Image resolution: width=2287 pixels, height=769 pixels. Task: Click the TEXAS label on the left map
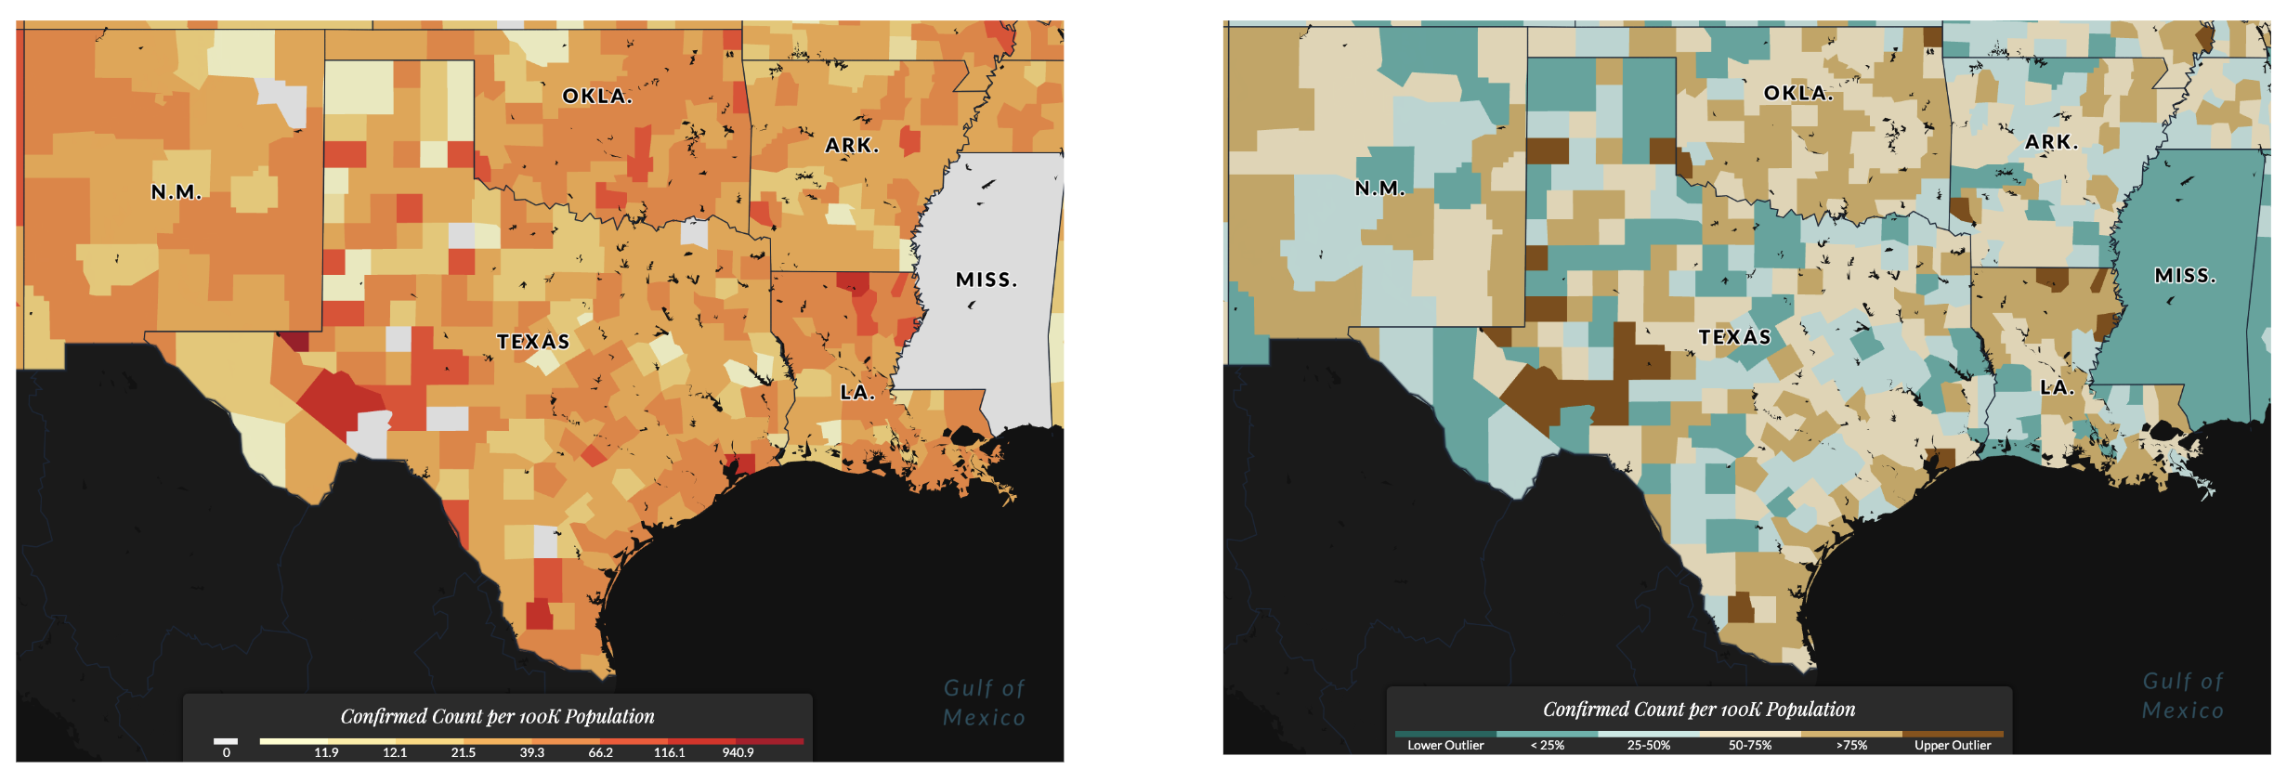[x=533, y=342]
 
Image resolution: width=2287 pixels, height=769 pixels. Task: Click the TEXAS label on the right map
[x=1734, y=337]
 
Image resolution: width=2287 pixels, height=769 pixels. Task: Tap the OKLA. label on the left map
[x=597, y=96]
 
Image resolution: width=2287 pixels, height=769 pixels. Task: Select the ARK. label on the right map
[x=2051, y=142]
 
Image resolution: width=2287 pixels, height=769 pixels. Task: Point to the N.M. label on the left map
[x=176, y=192]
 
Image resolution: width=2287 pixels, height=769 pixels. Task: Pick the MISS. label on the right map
[x=2185, y=276]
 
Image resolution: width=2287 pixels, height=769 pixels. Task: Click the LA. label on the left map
[x=857, y=392]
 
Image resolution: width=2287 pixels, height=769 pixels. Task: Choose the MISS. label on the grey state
[x=987, y=280]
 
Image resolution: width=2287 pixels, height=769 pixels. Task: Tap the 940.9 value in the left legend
[x=738, y=752]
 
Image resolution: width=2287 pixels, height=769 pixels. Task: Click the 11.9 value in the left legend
[x=326, y=752]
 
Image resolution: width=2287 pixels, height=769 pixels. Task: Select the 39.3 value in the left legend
[x=531, y=752]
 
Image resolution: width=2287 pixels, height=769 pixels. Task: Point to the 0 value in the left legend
[x=226, y=752]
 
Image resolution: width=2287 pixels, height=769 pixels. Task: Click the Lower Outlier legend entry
[x=1445, y=745]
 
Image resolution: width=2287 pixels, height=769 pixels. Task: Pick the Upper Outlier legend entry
[x=1953, y=745]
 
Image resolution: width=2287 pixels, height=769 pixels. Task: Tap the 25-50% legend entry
[x=1648, y=745]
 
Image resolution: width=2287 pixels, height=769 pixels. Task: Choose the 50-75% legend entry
[x=1749, y=745]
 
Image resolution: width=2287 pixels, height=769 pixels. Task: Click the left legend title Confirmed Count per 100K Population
[x=497, y=716]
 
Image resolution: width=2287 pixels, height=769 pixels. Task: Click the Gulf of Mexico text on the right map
[x=2182, y=696]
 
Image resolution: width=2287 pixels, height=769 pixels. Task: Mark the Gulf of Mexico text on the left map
[x=984, y=703]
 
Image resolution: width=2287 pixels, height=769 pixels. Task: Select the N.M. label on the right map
[x=1379, y=189]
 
